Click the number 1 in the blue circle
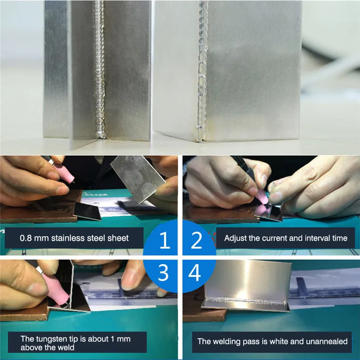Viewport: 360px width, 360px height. coord(165,240)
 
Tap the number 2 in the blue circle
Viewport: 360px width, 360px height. coord(196,240)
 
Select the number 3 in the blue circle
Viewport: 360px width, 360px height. coord(163,272)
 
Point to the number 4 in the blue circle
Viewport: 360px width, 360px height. coord(195,272)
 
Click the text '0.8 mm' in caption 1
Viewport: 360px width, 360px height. coord(34,238)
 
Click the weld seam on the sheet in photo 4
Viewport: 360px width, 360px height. coord(246,300)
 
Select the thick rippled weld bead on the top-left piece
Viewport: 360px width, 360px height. coord(99,69)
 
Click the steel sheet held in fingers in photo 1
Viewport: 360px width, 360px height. coord(138,178)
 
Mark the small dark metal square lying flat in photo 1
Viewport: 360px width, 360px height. coord(88,211)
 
